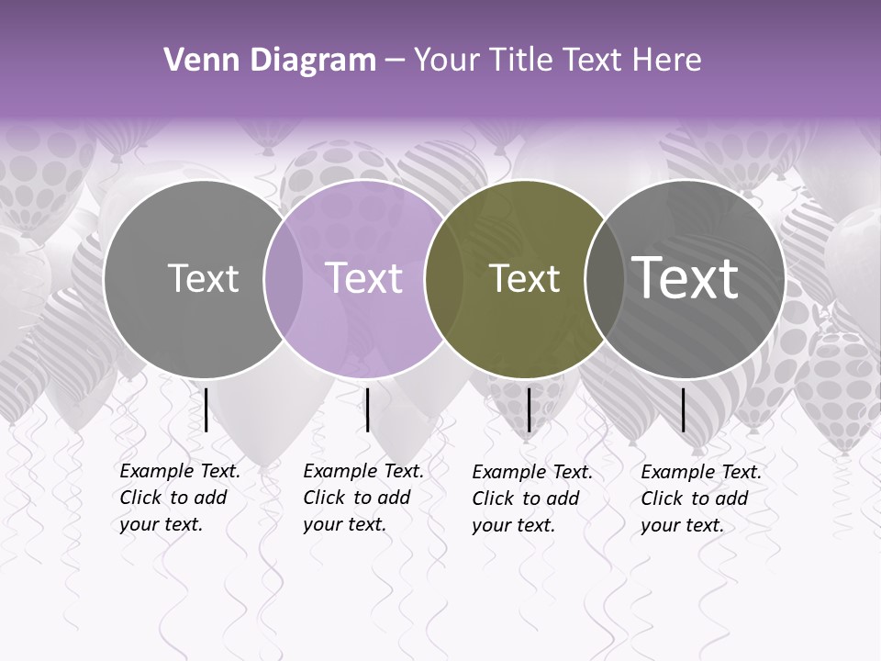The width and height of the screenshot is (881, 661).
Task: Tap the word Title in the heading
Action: point(523,61)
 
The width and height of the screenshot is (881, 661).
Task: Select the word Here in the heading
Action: point(669,61)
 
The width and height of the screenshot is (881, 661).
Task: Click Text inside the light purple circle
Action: point(364,278)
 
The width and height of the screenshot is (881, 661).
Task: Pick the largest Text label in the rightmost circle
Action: point(685,278)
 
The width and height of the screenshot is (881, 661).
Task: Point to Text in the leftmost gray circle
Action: point(203,278)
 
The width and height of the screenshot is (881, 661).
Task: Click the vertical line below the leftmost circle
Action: point(206,409)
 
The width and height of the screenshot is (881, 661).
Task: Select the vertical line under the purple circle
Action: point(368,409)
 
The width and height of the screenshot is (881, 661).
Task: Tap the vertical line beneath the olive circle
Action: point(530,409)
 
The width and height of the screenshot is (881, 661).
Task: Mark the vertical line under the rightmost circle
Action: point(684,409)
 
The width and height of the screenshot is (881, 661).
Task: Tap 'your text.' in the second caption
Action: point(344,524)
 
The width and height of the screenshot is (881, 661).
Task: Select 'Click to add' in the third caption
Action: point(526,499)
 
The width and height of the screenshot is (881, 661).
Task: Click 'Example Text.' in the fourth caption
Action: point(701,472)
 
